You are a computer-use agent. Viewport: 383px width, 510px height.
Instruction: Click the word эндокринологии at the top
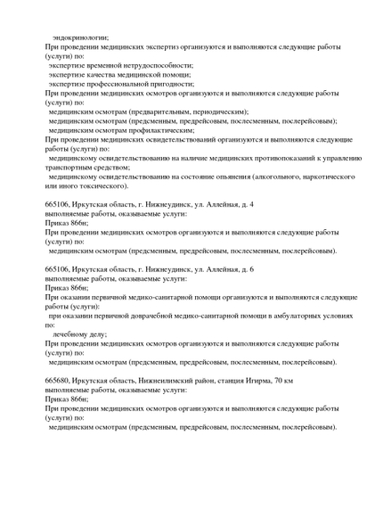coord(80,37)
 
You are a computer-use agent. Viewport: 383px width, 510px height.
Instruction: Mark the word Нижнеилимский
coord(157,381)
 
